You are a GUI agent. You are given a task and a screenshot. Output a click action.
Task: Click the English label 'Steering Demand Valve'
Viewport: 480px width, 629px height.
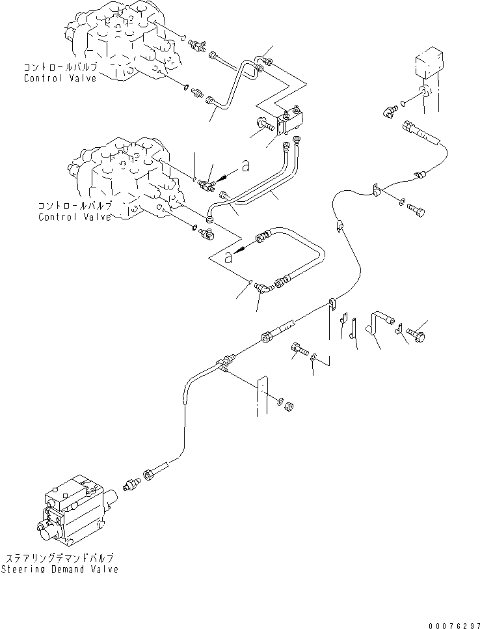click(59, 570)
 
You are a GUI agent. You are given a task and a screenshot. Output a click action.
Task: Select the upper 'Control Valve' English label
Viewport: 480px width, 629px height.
click(60, 79)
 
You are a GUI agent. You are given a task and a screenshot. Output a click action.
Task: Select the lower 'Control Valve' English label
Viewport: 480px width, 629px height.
click(74, 217)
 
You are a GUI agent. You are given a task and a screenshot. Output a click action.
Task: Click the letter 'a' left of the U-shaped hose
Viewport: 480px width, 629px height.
click(229, 258)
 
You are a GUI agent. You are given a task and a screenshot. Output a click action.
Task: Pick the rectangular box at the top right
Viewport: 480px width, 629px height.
click(427, 68)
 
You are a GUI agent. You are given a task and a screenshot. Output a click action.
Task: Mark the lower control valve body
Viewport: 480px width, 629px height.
click(124, 176)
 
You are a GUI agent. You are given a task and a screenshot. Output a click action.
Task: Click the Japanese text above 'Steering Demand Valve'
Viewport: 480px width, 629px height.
click(59, 558)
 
